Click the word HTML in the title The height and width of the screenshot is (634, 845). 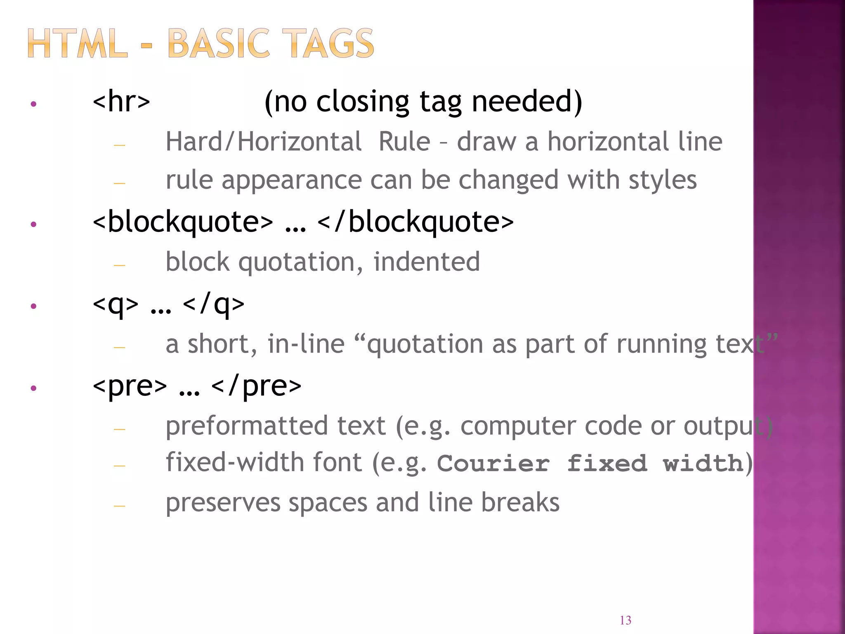coord(77,43)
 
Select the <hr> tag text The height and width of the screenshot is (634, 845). coord(121,102)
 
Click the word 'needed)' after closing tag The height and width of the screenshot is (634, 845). coord(527,102)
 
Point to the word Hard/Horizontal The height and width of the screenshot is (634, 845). coord(264,142)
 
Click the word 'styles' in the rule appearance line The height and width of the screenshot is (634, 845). coord(663,180)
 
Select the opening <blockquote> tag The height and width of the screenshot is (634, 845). coord(183,222)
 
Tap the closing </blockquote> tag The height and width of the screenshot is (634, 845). coord(415,222)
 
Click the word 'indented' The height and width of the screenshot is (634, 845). coord(427,262)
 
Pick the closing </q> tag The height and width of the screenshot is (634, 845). coord(213,304)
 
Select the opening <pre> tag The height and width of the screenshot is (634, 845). coord(130,386)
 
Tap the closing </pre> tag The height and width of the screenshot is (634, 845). coord(256,386)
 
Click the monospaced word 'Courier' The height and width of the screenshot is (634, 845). coord(493,463)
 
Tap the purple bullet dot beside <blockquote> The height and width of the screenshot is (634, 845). coord(34,225)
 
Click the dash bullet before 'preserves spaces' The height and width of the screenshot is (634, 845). coord(120,506)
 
